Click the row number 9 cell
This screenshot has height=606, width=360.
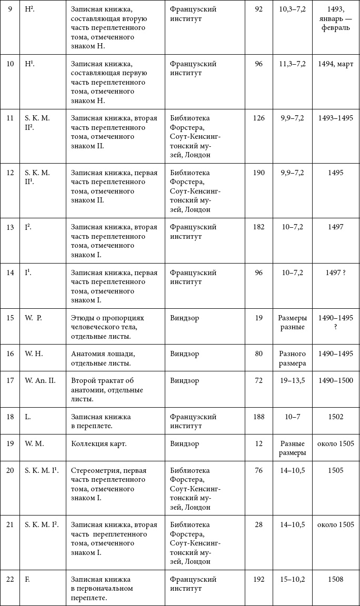[10, 9]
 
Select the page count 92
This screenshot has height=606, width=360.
[258, 9]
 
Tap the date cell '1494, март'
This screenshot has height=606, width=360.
[335, 64]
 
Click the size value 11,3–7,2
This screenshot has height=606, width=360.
[292, 64]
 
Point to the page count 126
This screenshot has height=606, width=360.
[258, 118]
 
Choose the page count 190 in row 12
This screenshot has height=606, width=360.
[258, 173]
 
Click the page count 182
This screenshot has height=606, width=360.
[258, 227]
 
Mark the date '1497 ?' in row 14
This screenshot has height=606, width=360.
[335, 272]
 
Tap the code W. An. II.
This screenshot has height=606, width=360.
[40, 380]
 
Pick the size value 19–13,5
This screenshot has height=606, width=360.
[292, 380]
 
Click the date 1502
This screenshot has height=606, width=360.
[335, 417]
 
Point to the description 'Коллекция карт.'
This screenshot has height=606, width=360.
[99, 443]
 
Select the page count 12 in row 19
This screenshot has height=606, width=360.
[258, 443]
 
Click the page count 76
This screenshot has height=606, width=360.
[258, 470]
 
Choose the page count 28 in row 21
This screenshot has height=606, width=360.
[258, 524]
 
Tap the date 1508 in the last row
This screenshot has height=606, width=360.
[335, 579]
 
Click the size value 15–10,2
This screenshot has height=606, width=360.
[292, 579]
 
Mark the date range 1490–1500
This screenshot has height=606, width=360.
[335, 380]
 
